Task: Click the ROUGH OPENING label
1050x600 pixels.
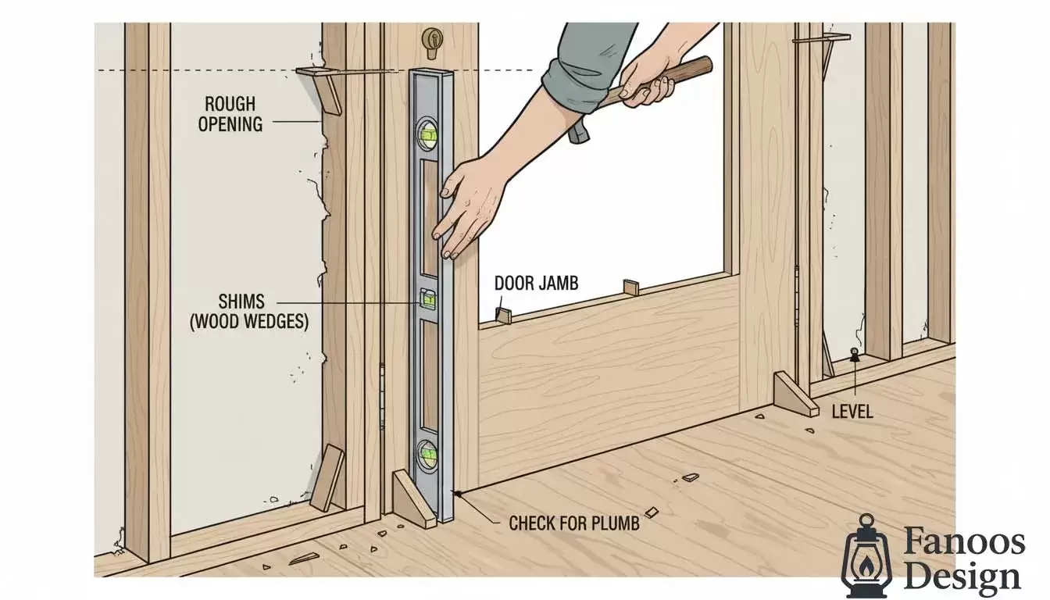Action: (230, 114)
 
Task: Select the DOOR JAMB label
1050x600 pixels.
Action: (537, 283)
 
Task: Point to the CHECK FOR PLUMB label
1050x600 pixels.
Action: (574, 523)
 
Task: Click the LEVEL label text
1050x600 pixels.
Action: (852, 411)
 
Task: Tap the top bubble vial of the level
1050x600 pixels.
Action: (427, 134)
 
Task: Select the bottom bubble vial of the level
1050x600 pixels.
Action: (427, 454)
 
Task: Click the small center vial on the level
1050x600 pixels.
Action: (427, 298)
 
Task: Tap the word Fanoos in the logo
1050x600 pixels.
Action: (964, 542)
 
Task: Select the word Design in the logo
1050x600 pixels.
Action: (962, 577)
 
